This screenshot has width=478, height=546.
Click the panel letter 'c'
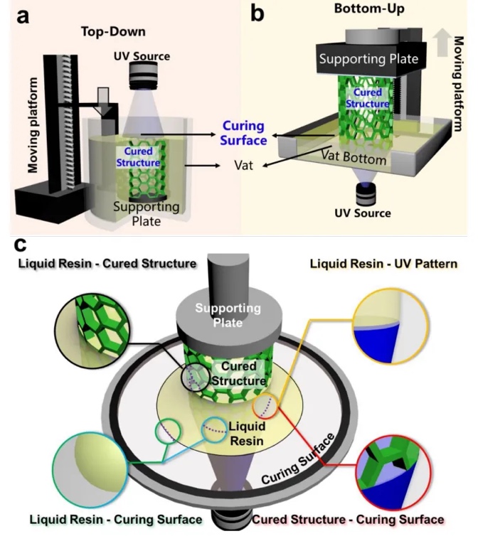(21, 245)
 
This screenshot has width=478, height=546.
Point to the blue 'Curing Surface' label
(243, 133)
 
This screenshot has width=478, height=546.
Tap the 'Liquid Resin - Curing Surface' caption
(115, 520)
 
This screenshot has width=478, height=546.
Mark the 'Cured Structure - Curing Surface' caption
(348, 520)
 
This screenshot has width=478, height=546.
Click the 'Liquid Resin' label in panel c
(247, 433)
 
